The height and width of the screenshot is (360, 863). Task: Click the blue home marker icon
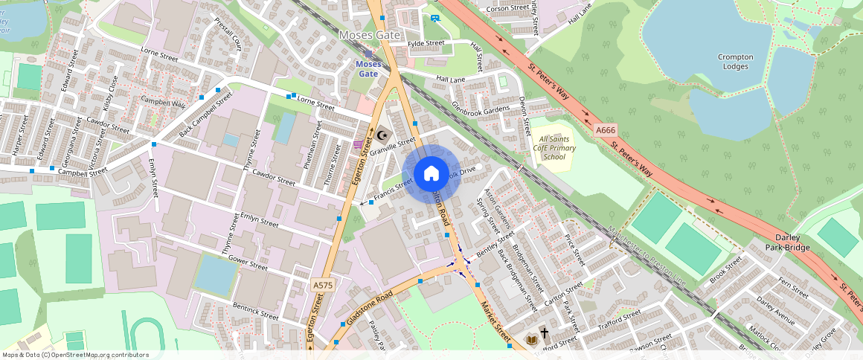pos(431,174)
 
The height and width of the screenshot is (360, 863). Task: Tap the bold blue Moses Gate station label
pos(368,68)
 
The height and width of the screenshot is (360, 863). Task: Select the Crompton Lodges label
pos(736,62)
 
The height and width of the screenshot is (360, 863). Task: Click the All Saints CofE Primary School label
pos(558,148)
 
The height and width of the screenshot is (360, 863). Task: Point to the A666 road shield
pos(606,130)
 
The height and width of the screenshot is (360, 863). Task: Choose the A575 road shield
pos(322,285)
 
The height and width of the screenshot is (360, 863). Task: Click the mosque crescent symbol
pos(382,135)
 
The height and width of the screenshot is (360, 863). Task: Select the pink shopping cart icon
pos(359,144)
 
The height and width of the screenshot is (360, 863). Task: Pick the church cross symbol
pos(545,334)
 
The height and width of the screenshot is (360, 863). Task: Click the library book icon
pos(531,340)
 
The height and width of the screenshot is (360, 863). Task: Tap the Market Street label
pos(495,316)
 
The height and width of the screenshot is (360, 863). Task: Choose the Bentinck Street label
pos(255,311)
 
